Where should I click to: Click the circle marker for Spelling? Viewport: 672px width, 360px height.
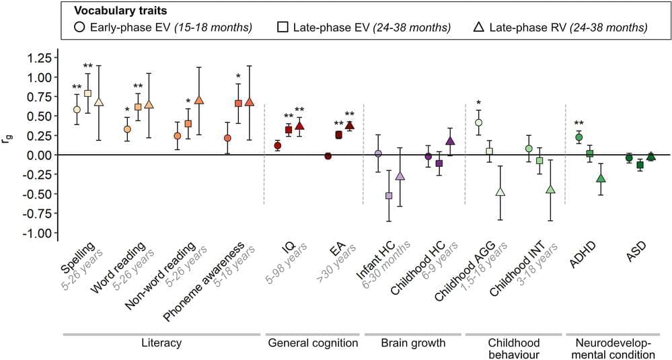(77, 109)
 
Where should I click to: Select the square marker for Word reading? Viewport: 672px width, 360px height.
(138, 106)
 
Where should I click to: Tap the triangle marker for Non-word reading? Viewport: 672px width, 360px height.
(198, 100)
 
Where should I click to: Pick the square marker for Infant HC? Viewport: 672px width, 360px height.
(389, 196)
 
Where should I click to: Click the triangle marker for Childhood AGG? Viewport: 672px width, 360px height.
(500, 192)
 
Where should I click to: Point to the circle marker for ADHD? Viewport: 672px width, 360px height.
(578, 137)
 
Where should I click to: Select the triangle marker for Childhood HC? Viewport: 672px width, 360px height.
(450, 141)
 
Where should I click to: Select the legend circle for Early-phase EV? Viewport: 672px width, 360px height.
(79, 28)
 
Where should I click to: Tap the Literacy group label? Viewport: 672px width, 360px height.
(161, 343)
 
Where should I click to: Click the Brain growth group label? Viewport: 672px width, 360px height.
(414, 343)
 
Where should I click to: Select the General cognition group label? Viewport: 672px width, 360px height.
(313, 343)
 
